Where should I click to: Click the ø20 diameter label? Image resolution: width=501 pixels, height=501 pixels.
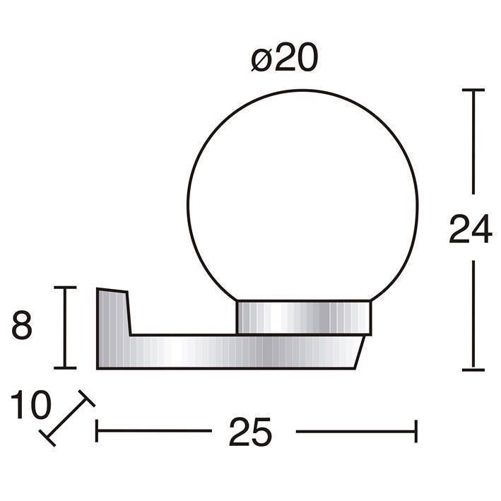[284, 57]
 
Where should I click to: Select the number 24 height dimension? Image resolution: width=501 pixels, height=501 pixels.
[471, 228]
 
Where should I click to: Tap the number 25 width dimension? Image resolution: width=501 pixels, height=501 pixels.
[250, 431]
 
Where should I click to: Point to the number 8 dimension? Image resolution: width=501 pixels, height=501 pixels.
[22, 325]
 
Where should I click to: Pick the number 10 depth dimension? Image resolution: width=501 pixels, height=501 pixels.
[30, 404]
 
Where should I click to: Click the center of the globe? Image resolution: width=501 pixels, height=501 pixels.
[302, 204]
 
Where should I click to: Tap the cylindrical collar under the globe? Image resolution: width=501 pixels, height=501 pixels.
[304, 317]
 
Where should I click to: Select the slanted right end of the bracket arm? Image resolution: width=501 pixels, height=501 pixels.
[360, 352]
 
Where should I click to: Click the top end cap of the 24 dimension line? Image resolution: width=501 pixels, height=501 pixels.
[473, 90]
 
